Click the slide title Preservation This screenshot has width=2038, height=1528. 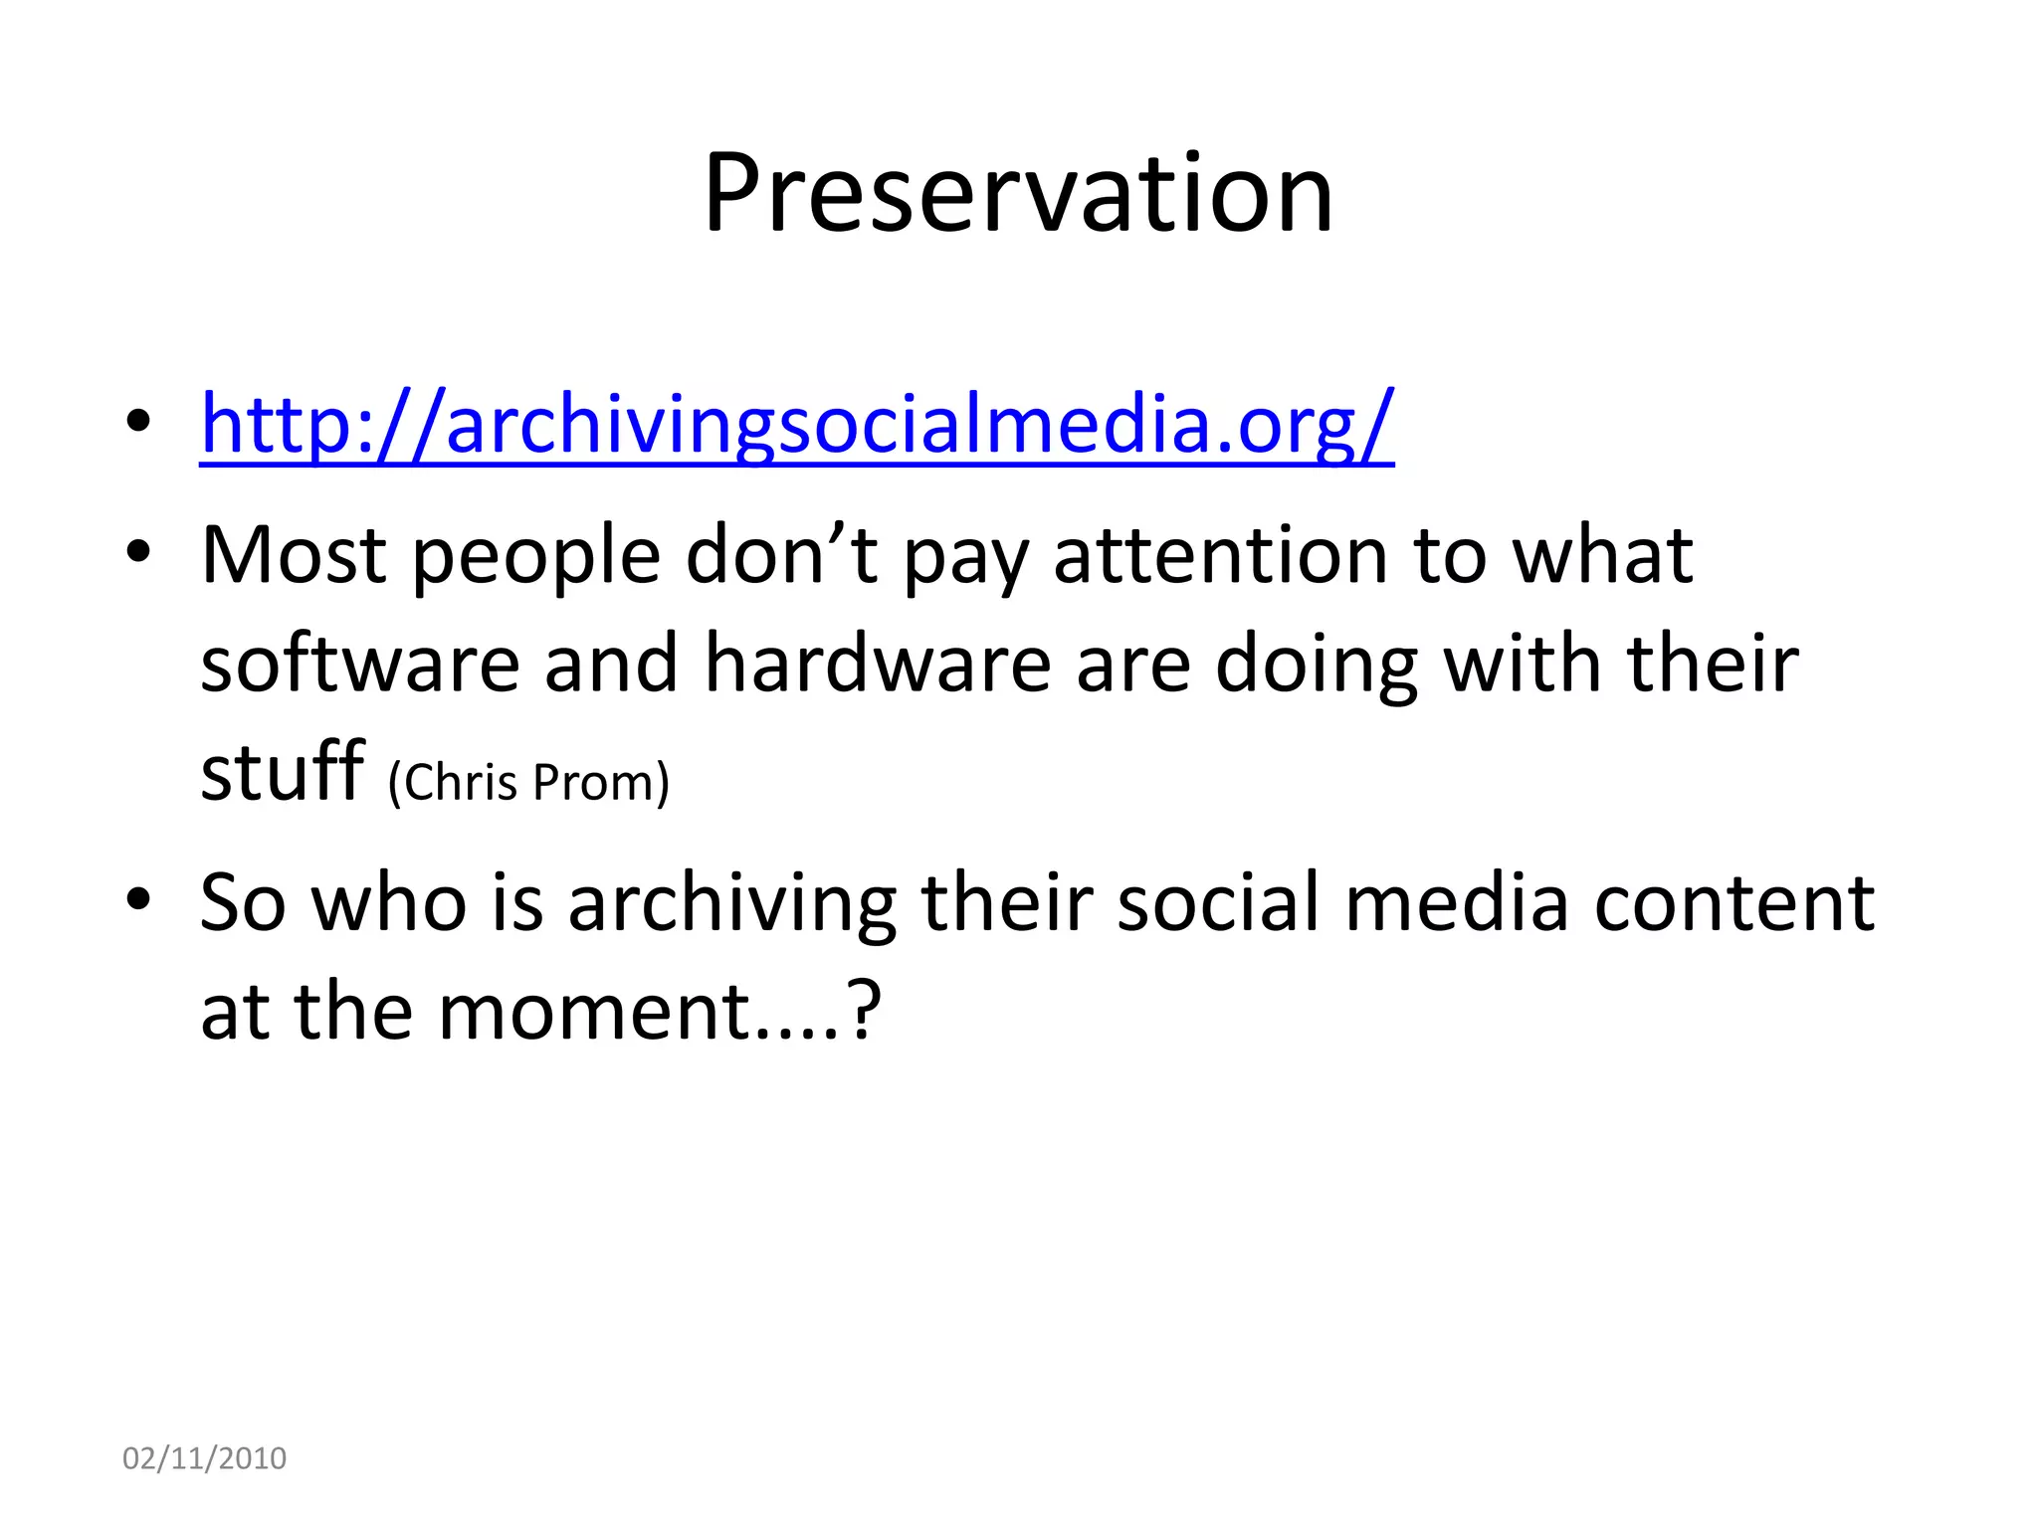click(1017, 193)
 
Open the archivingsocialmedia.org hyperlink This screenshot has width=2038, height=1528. click(796, 424)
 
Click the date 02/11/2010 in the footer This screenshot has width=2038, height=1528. click(204, 1457)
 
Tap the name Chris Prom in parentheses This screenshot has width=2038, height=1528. click(528, 782)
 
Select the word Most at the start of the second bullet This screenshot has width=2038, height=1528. click(293, 555)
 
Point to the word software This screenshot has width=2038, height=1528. click(360, 665)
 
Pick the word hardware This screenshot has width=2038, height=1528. click(878, 665)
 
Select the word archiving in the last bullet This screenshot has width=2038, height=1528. click(731, 903)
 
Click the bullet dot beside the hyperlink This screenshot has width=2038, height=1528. click(138, 422)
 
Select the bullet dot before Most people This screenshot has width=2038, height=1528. click(138, 552)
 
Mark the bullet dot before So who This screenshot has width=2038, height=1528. click(138, 900)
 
